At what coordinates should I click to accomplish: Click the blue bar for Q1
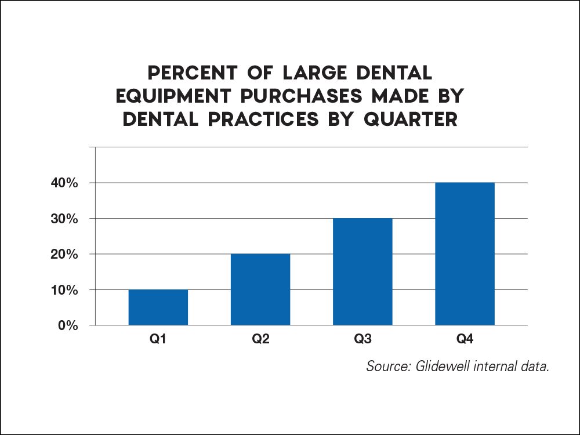[x=158, y=307]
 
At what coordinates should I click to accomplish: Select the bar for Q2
[x=260, y=289]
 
